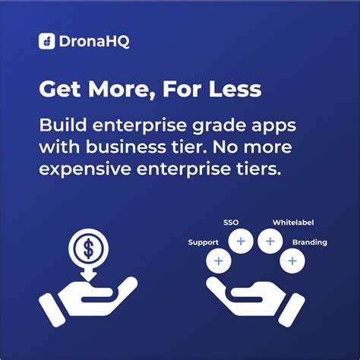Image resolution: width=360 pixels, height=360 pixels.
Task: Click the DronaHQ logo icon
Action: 46,42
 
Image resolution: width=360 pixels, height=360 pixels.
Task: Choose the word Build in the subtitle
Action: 60,124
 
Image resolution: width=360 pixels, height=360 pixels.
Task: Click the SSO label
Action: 232,223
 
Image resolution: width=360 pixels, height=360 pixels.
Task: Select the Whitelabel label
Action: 293,223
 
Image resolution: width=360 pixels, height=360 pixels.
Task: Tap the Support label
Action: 204,242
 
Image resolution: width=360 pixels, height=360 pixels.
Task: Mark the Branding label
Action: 309,242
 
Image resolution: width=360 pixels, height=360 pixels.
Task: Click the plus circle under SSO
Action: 241,242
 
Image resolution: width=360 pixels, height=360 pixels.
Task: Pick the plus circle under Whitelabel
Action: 270,242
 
